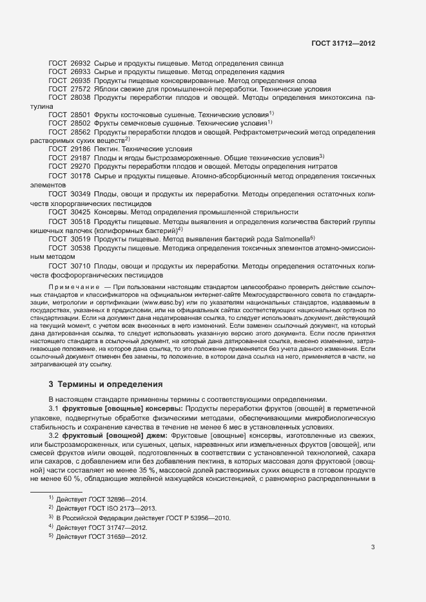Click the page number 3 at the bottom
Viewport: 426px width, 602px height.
[373, 548]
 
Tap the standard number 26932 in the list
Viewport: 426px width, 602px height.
[80, 64]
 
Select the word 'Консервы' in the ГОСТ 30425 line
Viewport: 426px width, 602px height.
[110, 211]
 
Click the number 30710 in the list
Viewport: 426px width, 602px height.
[80, 265]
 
